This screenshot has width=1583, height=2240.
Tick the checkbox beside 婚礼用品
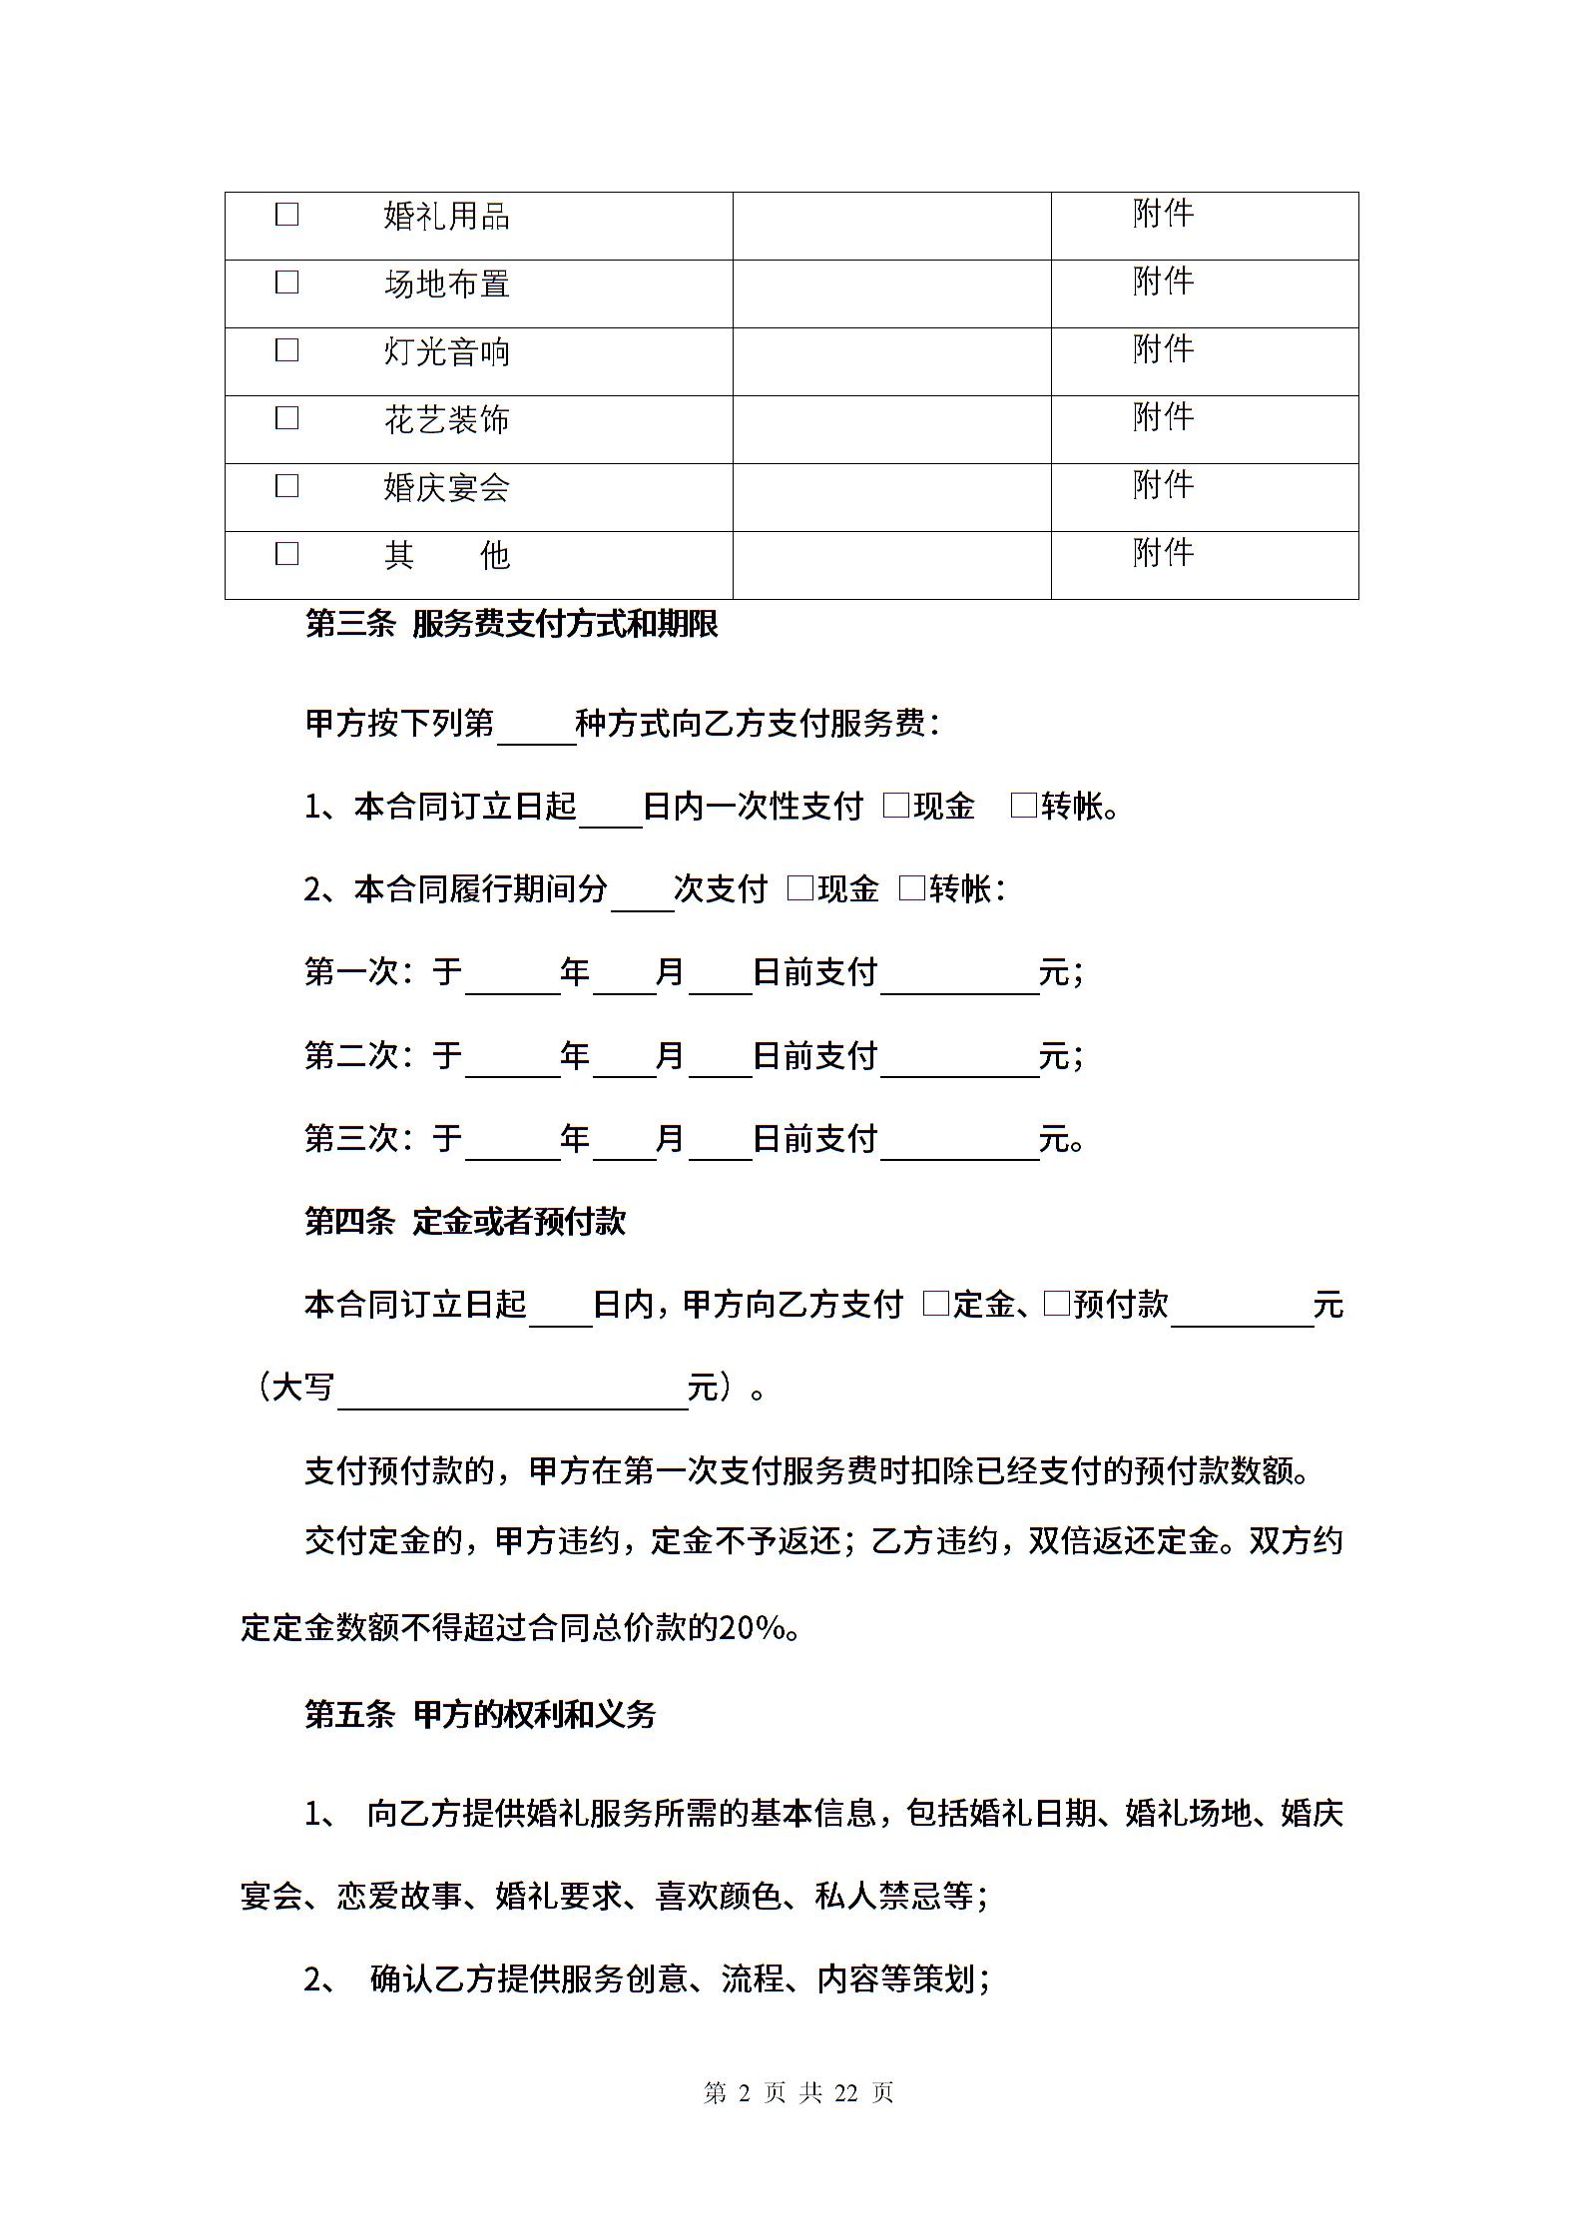pos(286,215)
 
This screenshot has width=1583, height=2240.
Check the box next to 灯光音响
pos(286,350)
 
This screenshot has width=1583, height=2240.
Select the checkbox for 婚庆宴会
pos(286,486)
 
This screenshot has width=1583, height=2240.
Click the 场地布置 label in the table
pos(447,284)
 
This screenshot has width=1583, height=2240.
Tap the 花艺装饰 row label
pos(447,420)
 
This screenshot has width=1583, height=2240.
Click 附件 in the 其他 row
pos(1164,552)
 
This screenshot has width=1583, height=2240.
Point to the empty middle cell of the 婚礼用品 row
pos(891,226)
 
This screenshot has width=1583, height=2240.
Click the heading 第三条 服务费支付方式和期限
pos(511,625)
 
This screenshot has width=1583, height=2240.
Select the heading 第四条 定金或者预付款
pos(465,1221)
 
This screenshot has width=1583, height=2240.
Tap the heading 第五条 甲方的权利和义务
pos(480,1714)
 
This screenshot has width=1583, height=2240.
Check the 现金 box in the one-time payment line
pos(896,806)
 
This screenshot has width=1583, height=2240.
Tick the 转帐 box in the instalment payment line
pos(912,888)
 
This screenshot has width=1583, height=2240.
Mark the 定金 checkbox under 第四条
pos(936,1304)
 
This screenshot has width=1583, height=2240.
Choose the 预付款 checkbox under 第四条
pos(1056,1304)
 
